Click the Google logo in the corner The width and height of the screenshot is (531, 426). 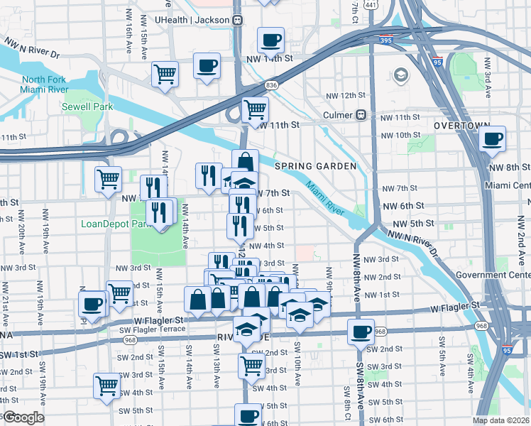click(x=23, y=417)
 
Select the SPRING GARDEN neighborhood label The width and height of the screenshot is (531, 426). click(x=315, y=166)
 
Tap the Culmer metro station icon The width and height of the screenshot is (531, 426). click(x=361, y=115)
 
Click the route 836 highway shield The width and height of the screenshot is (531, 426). click(x=272, y=85)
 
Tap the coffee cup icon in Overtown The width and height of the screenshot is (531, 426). click(x=493, y=138)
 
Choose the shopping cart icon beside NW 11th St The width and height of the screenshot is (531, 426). click(x=255, y=109)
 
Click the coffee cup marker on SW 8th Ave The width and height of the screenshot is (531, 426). click(x=361, y=331)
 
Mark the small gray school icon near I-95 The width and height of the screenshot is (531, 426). click(x=400, y=75)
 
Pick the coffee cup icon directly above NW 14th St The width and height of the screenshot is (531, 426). click(x=270, y=40)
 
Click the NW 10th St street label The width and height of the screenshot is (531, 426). click(x=400, y=135)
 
